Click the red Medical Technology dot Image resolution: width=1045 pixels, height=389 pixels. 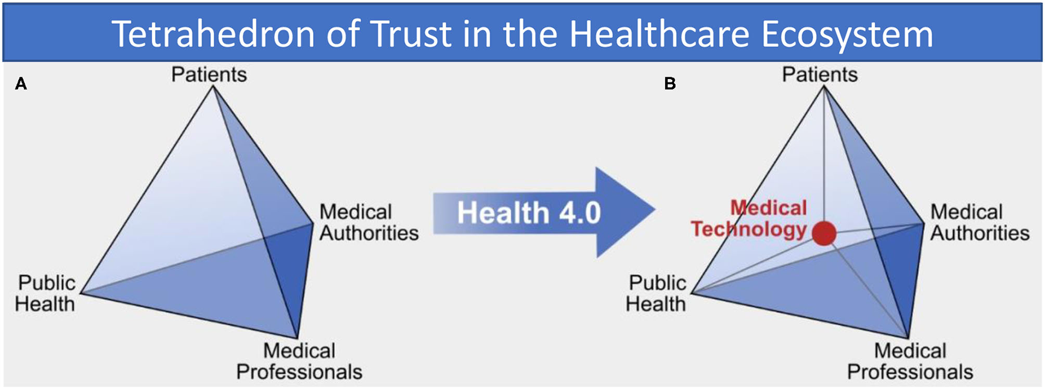point(824,233)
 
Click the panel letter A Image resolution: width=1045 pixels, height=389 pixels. point(21,84)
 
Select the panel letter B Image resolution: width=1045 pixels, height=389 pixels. point(670,84)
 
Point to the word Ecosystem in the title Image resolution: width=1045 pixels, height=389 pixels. point(847,34)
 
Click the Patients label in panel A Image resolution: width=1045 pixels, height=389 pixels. point(209,75)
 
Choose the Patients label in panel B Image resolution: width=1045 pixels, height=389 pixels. point(820,75)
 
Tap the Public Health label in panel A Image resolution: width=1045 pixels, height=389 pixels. point(45,294)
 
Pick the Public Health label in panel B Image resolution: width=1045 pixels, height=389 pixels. point(656,294)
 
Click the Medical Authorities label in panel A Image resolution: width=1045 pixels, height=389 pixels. point(369,223)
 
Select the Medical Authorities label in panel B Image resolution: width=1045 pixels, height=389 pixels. point(980,223)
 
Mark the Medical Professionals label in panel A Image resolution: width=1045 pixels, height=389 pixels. point(299,361)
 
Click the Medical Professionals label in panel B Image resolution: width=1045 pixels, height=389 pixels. point(910,361)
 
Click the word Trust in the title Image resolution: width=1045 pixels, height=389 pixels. point(410,34)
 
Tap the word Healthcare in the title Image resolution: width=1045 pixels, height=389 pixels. point(659,34)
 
